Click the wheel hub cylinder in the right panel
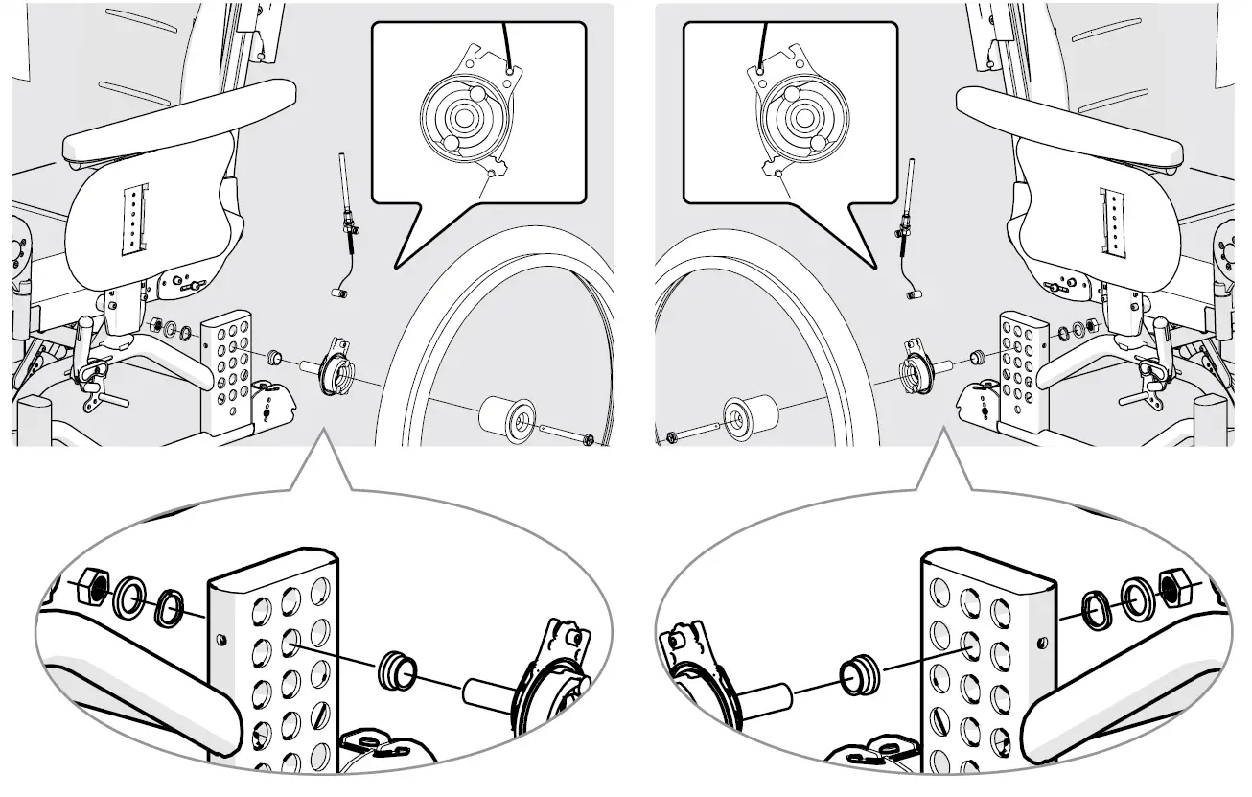[746, 417]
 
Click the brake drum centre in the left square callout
[464, 120]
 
